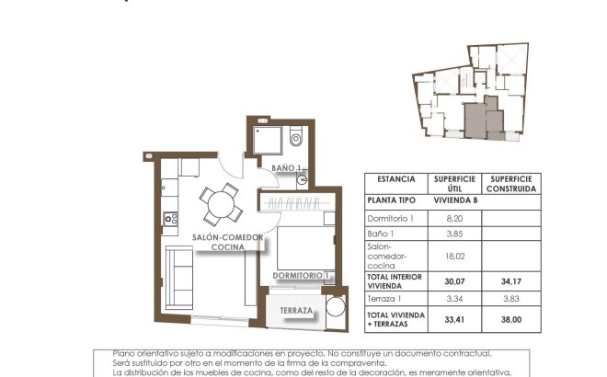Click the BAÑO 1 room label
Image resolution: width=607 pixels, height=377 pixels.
(286, 168)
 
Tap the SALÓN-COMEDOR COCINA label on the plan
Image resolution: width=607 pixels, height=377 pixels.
(228, 242)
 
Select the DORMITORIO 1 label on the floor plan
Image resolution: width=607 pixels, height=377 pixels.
(301, 275)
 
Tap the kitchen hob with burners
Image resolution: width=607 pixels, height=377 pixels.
(168, 218)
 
